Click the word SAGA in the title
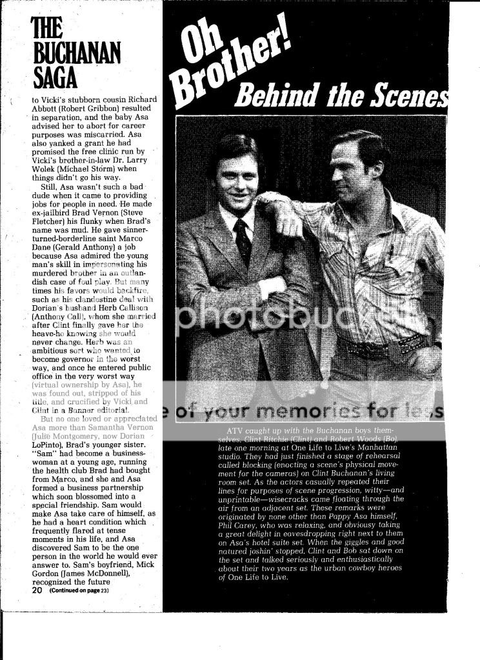coord(55,77)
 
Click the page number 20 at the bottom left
coord(37,590)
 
